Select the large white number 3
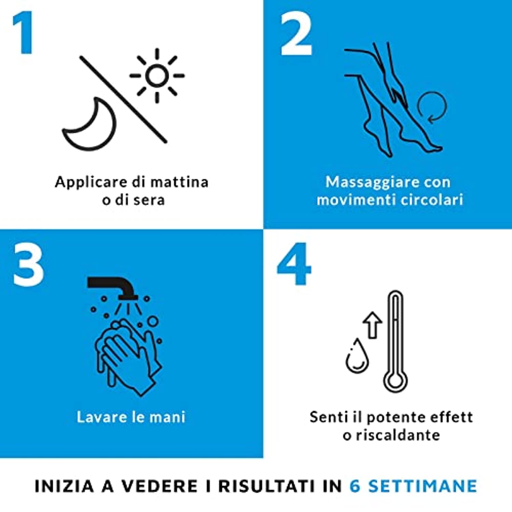[x=28, y=265]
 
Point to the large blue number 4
[x=294, y=264]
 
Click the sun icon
[x=157, y=75]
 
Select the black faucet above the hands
[x=113, y=287]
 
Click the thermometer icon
[x=395, y=341]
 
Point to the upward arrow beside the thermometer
[x=372, y=325]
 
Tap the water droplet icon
[x=357, y=356]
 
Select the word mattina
[x=179, y=182]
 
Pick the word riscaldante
[x=398, y=435]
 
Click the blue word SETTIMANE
[x=423, y=486]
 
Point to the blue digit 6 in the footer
[x=355, y=486]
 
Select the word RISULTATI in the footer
[x=267, y=486]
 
